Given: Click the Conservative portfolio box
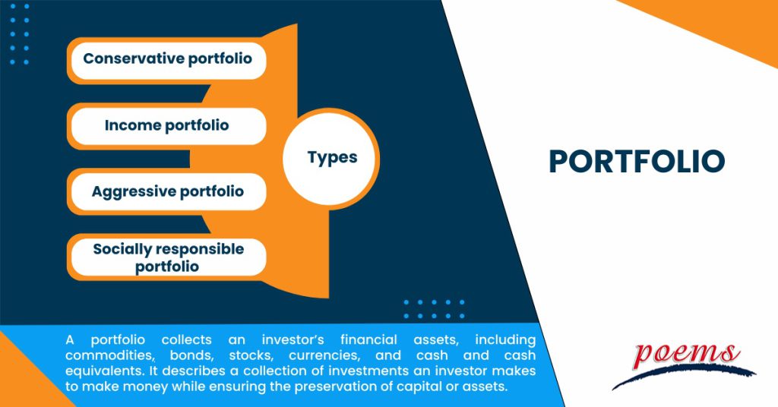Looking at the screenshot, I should click(167, 58).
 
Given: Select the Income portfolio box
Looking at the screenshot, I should click(167, 125).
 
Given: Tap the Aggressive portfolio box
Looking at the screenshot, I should click(167, 191).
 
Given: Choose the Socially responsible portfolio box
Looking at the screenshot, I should click(167, 257).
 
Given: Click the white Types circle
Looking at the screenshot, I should click(331, 158).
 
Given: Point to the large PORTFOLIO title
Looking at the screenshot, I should click(637, 161).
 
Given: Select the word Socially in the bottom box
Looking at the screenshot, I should click(122, 249).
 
